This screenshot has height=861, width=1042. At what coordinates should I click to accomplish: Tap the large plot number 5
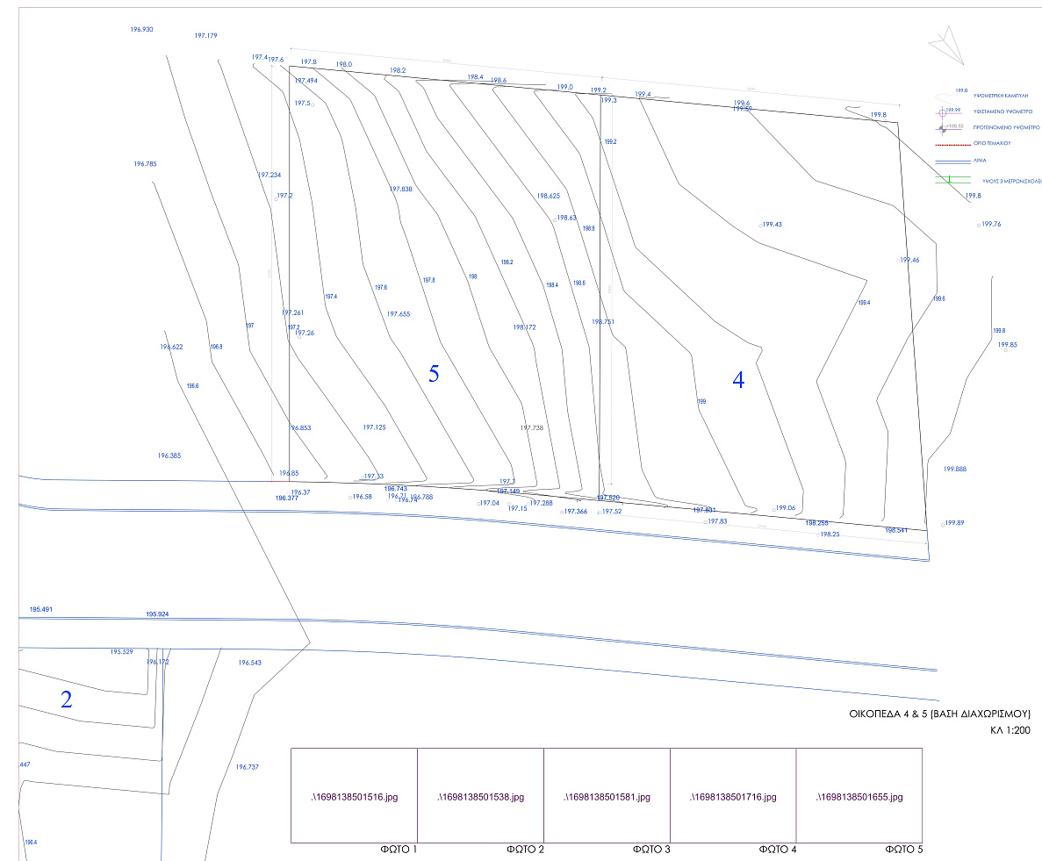(434, 374)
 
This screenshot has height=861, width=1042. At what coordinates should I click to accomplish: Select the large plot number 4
(738, 380)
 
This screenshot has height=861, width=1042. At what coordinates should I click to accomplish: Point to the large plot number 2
(66, 700)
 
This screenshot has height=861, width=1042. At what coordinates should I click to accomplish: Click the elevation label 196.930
(141, 30)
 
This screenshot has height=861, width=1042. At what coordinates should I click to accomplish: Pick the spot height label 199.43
(772, 225)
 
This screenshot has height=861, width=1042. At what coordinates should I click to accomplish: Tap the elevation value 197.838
(400, 190)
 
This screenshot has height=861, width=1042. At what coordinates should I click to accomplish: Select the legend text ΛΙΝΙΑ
(980, 161)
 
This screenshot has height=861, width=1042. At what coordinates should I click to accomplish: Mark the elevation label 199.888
(954, 470)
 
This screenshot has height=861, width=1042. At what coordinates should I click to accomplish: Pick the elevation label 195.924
(157, 614)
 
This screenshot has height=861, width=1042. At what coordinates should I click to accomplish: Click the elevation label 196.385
(169, 456)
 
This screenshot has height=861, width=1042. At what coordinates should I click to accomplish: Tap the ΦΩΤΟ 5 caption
(904, 850)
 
